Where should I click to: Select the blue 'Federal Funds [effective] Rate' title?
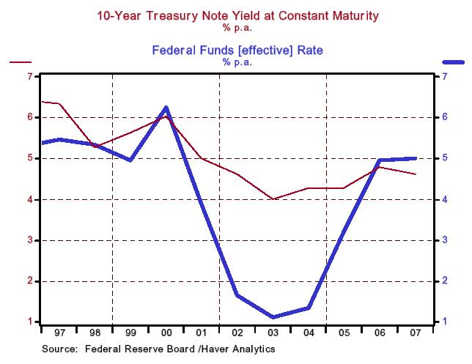point(237,51)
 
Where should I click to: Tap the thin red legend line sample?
point(21,64)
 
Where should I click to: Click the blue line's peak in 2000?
point(166,108)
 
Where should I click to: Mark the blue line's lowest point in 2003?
point(273,317)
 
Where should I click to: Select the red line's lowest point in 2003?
point(273,199)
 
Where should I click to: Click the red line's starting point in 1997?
point(43,101)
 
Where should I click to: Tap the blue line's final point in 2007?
point(416,158)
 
